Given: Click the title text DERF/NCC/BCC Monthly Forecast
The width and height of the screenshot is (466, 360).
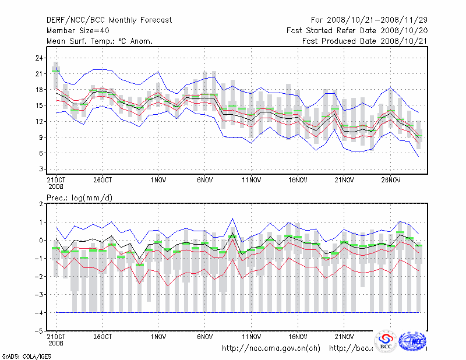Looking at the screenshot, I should [109, 20].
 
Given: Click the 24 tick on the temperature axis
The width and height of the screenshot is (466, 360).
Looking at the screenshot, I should [40, 58].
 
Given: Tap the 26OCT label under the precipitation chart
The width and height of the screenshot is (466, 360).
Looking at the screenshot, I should [103, 337].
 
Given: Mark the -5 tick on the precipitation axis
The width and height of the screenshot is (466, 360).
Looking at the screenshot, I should [40, 331].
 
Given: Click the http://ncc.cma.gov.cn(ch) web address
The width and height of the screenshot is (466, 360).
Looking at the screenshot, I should [271, 348].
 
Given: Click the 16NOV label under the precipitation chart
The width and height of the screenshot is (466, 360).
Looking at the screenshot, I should [298, 337].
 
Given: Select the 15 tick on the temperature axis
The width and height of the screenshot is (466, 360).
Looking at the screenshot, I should [40, 105].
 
